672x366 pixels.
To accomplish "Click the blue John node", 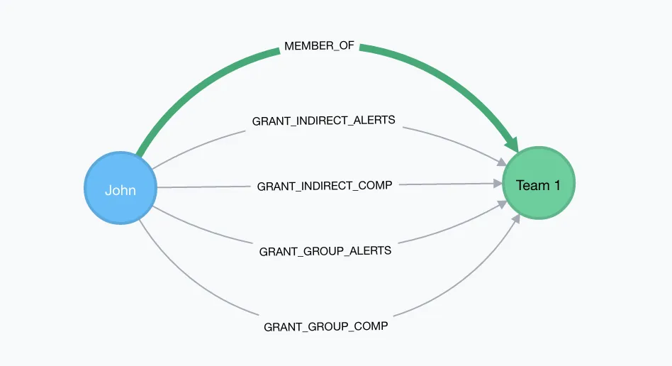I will pyautogui.click(x=120, y=189).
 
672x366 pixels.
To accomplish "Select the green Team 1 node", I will pyautogui.click(x=539, y=184).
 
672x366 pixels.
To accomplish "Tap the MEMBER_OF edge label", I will pyautogui.click(x=319, y=46).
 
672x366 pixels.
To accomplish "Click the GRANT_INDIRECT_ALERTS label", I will pyautogui.click(x=324, y=121).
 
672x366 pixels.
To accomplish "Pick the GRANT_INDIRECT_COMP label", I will pyautogui.click(x=325, y=186).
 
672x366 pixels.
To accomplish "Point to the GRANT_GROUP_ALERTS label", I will pyautogui.click(x=325, y=250).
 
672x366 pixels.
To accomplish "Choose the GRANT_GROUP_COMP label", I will pyautogui.click(x=326, y=326).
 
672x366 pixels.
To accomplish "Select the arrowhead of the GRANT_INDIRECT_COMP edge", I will pyautogui.click(x=498, y=184).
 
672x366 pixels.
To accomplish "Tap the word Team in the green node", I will pyautogui.click(x=532, y=185).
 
